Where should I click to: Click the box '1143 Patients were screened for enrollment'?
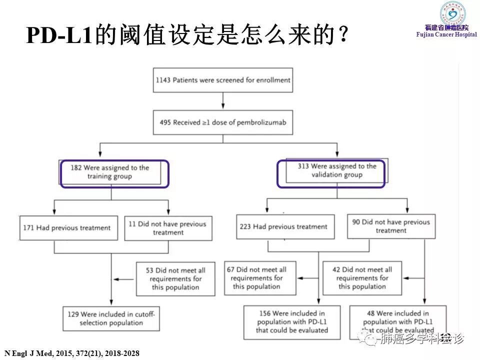[222, 80]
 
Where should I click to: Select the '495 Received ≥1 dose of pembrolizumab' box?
[222, 122]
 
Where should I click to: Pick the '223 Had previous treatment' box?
[285, 226]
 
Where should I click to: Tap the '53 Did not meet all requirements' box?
[175, 278]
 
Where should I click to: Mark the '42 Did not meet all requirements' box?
[362, 278]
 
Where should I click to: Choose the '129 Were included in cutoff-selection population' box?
[111, 318]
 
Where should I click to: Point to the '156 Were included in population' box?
[292, 322]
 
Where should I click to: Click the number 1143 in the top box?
[163, 80]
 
